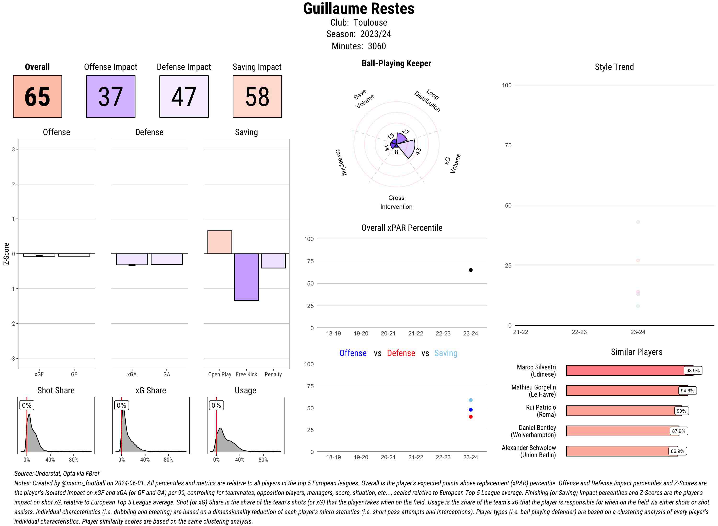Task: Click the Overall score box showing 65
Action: [37, 97]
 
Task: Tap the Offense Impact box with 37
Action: [111, 97]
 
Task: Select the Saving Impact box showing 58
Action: [257, 97]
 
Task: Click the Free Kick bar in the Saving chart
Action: [246, 277]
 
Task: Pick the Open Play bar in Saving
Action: [219, 242]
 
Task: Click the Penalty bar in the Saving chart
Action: [273, 261]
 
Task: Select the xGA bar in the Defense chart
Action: [132, 259]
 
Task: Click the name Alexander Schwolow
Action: [529, 448]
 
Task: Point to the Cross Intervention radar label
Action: [396, 202]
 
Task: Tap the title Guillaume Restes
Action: [359, 9]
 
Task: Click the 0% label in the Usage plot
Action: [216, 405]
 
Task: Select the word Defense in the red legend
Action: [401, 353]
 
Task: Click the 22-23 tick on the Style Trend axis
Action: [579, 332]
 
